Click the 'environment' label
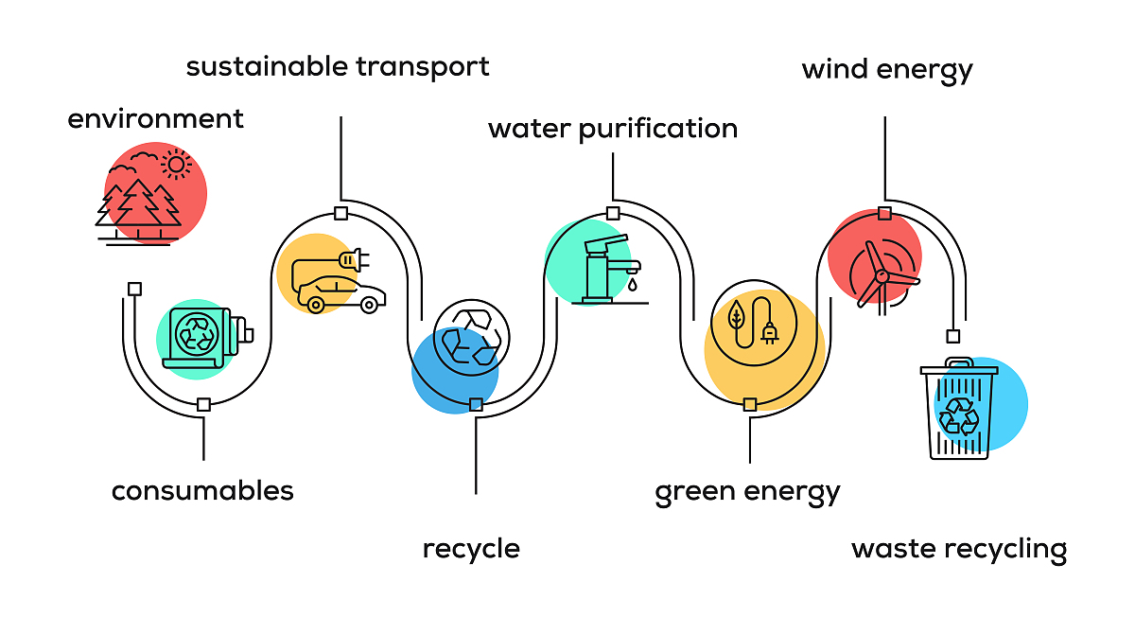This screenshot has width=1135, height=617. click(155, 119)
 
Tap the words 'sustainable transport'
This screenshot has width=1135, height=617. click(338, 67)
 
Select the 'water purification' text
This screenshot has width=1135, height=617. click(612, 129)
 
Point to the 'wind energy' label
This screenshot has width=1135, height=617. click(886, 70)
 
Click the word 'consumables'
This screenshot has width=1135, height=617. click(202, 491)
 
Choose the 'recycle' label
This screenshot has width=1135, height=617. click(471, 549)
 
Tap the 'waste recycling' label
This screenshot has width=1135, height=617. click(958, 549)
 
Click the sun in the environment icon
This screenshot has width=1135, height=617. click(175, 165)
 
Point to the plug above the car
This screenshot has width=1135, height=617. click(353, 257)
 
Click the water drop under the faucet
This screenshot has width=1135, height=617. click(632, 282)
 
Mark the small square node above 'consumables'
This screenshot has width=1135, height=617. click(203, 405)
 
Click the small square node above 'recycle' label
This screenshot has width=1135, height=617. click(476, 405)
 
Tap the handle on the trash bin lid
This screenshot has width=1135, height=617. click(959, 362)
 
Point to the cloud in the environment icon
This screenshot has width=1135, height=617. click(145, 156)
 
